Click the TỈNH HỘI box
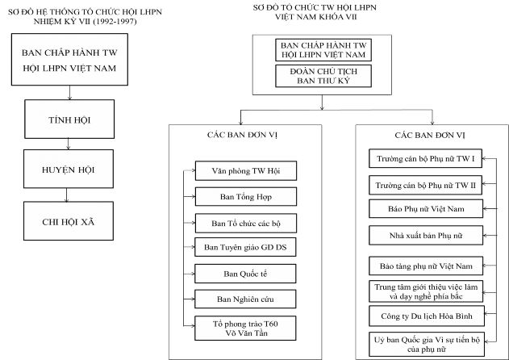coord(69,121)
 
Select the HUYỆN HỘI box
coord(69,170)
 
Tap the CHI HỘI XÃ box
coord(69,220)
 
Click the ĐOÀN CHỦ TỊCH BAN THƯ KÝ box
coord(323,77)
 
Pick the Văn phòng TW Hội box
coord(246,171)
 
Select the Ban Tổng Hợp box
coord(246,196)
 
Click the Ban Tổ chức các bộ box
coord(246,223)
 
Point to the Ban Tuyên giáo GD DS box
coord(246,248)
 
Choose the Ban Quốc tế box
coord(246,274)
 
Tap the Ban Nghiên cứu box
coord(246,299)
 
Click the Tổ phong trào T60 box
coord(246,328)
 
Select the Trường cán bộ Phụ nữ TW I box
coord(426,158)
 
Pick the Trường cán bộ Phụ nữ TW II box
coord(426,186)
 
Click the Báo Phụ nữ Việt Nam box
coord(426,209)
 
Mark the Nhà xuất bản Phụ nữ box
coord(426,236)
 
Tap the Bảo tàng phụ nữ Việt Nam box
coord(426,266)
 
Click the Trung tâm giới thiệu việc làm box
coord(426,290)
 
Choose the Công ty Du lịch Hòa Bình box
coord(426,315)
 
